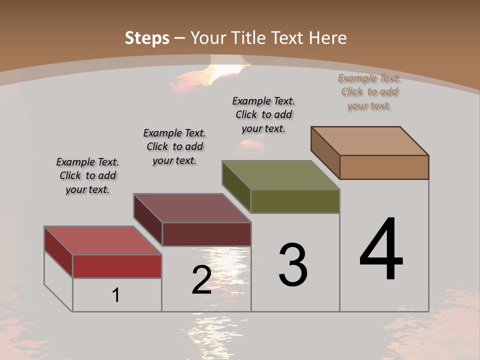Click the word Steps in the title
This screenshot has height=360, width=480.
click(x=147, y=38)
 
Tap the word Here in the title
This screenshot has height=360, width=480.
click(x=328, y=38)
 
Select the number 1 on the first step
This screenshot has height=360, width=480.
click(x=116, y=295)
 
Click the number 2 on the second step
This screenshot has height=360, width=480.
click(x=201, y=279)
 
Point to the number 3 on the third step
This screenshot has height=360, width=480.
click(x=293, y=264)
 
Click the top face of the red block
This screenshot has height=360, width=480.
click(x=102, y=240)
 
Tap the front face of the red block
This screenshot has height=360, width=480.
click(x=117, y=266)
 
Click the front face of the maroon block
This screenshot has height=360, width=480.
click(x=206, y=234)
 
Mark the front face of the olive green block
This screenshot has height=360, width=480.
click(x=295, y=201)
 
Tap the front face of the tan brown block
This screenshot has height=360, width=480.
click(x=384, y=167)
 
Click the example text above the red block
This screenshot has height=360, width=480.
click(x=87, y=175)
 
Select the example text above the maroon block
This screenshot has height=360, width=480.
click(x=174, y=146)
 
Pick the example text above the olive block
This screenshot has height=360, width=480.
click(x=263, y=114)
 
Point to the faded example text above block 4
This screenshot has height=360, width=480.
click(x=369, y=91)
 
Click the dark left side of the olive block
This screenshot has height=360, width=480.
click(x=236, y=186)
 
